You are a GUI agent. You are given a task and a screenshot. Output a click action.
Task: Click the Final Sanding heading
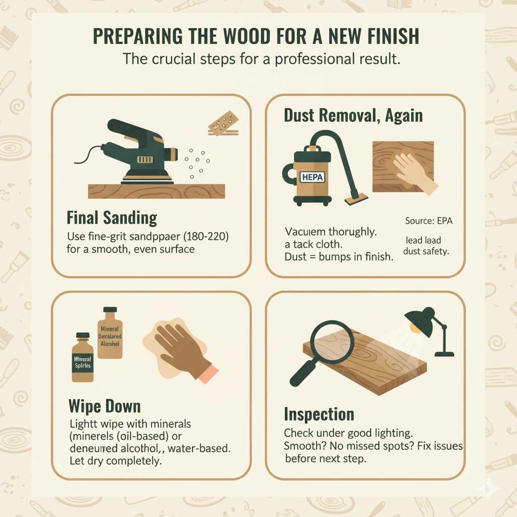112,218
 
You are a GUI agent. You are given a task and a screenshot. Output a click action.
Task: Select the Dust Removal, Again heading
353,116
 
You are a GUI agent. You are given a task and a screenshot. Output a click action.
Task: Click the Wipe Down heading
104,406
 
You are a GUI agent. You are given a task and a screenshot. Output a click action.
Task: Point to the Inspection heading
319,414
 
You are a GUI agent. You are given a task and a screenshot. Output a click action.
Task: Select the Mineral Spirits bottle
82,359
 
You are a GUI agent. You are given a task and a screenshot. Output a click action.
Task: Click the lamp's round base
444,353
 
